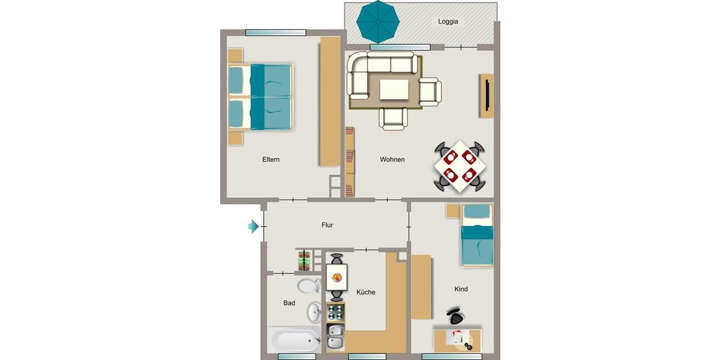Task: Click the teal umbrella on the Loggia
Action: coord(378,22)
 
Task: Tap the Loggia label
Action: coord(448,22)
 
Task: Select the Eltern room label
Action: coord(271,160)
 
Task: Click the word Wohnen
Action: coord(392,160)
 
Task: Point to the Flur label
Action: coord(327,226)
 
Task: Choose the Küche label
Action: coord(365,292)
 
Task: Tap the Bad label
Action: coord(289,303)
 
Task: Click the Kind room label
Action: coord(461,289)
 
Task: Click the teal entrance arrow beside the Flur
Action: coord(253,226)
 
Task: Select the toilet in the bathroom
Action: coord(309,284)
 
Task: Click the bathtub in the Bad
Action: coord(295,341)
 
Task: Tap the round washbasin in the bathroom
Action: coord(314,312)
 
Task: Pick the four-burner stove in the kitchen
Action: coord(336,313)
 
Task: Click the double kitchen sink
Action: coord(335,337)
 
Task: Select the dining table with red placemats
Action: coord(460,166)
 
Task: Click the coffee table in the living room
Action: coord(394,91)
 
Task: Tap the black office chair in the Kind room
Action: coord(457,316)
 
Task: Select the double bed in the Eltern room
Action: coord(260,97)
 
